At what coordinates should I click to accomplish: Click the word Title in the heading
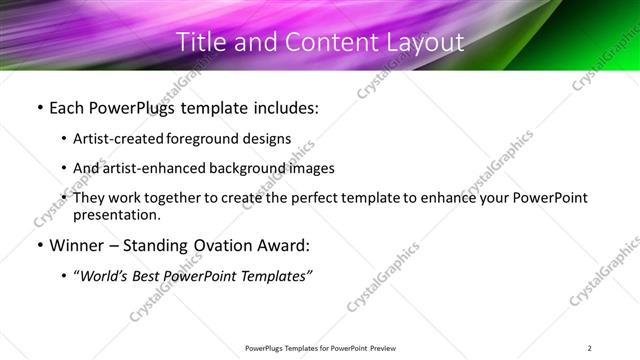(x=200, y=43)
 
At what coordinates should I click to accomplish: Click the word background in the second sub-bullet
(x=248, y=168)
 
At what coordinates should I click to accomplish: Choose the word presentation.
(x=116, y=214)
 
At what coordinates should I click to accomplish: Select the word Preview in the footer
(x=384, y=348)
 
